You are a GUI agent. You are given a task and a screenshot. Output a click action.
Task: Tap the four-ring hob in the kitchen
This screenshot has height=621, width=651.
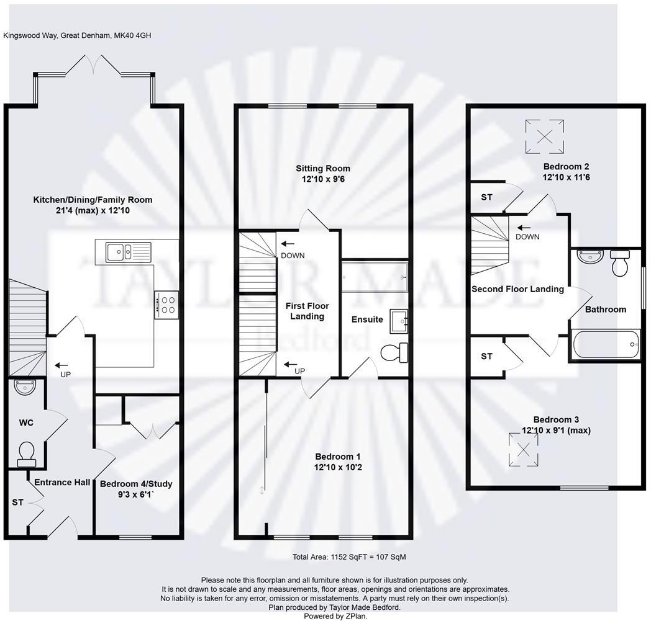coord(167,305)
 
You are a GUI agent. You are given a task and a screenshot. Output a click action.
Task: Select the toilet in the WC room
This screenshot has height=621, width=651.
coord(27,453)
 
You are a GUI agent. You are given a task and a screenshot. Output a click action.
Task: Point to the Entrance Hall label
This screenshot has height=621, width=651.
coord(62,483)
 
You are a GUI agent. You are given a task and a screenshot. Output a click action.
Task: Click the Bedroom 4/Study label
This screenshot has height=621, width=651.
coord(136,484)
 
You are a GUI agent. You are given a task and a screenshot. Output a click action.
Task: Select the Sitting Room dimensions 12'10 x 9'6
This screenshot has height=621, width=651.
coord(322,180)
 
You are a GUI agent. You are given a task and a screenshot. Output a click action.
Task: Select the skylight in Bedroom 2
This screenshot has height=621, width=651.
coord(545,136)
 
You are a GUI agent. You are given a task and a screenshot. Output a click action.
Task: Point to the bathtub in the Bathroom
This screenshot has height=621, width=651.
coord(606,343)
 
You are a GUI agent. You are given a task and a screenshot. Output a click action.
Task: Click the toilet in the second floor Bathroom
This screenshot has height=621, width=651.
coord(621,263)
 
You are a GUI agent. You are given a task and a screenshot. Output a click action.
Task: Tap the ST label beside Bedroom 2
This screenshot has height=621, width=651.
coord(486,197)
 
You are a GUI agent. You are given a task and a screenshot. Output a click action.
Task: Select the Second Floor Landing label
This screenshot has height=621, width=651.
coord(517,288)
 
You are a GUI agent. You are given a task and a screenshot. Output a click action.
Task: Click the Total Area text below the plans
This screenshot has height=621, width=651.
coord(349,557)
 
